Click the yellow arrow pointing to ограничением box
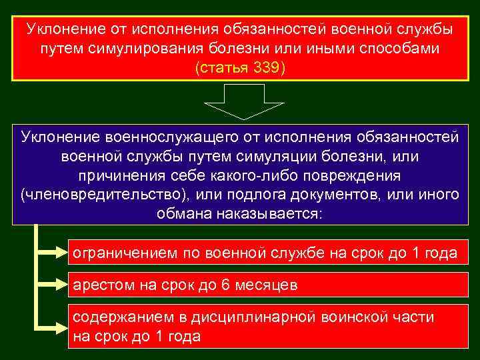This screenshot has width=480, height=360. click(x=51, y=253)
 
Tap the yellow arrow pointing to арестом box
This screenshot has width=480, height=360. click(x=51, y=285)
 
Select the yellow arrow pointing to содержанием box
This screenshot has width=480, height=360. click(x=51, y=327)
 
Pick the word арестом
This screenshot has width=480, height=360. click(x=101, y=285)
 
